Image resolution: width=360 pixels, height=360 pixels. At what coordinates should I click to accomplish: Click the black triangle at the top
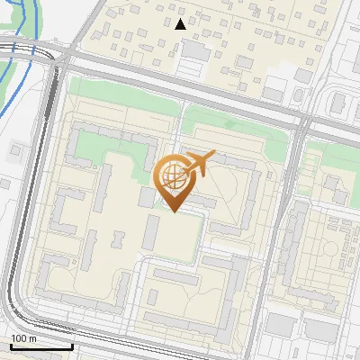181,24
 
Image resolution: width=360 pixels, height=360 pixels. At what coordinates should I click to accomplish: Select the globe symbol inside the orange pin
172,175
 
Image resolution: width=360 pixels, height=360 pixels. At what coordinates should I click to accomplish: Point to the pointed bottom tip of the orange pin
173,211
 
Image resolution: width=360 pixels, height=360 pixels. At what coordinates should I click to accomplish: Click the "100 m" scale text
23,338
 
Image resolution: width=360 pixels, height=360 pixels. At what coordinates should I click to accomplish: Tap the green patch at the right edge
346,162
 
